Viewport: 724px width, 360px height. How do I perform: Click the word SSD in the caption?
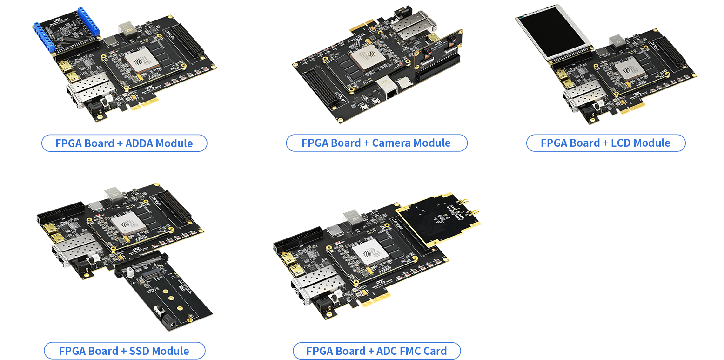139,351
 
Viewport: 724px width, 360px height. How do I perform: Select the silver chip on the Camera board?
369,57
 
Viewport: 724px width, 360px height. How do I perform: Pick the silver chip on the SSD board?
128,224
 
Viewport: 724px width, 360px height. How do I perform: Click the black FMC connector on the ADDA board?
189,40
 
